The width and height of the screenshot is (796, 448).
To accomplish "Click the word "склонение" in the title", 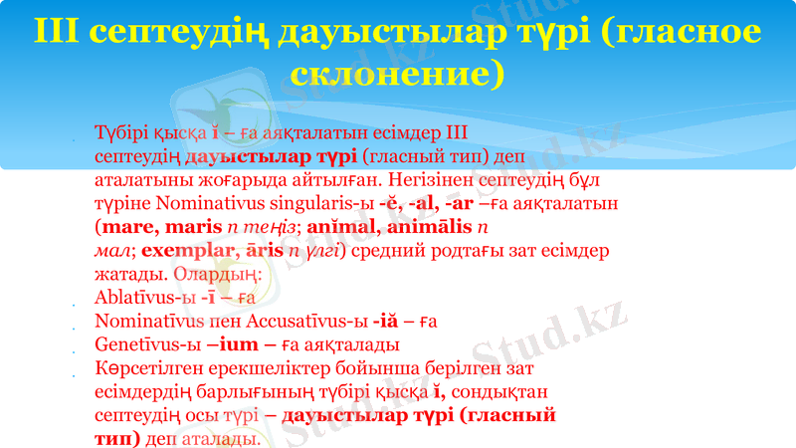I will pos(398,75).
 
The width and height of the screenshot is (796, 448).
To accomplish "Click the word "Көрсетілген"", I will pos(147,369).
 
